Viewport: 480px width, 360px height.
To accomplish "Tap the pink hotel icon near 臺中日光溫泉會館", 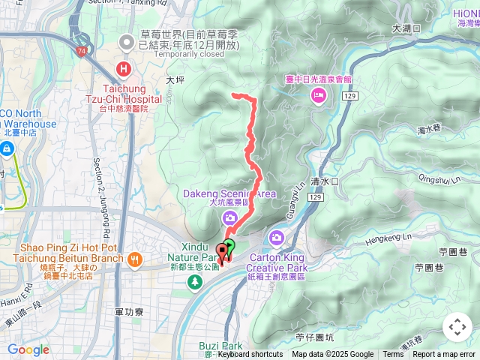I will [319, 94].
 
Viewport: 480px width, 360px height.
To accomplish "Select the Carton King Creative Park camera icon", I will [277, 238].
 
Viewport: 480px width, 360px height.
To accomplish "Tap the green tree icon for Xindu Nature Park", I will [195, 282].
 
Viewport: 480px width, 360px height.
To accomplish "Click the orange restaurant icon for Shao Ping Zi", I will [134, 259].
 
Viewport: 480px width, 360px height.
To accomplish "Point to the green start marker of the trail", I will [229, 244].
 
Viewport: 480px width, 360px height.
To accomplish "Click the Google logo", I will [28, 349].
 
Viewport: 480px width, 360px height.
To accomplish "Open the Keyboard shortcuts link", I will [250, 355].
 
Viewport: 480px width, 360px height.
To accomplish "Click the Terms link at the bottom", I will [393, 355].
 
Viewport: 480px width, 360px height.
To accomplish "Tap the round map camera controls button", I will [457, 327].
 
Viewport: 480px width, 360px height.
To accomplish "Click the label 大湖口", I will [406, 28].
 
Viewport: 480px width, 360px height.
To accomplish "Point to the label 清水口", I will [325, 181].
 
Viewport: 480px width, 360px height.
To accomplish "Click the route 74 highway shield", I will [79, 50].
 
